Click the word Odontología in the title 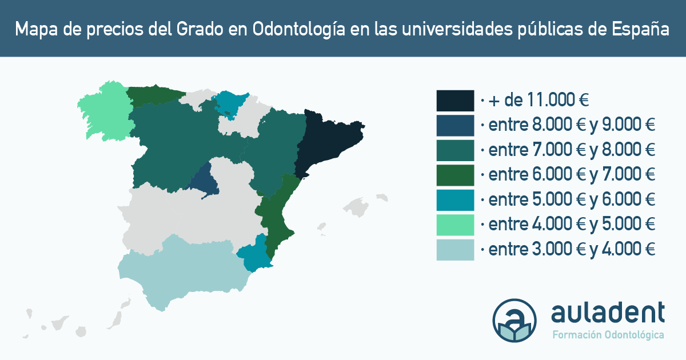[298, 30]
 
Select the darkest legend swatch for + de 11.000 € [455, 101]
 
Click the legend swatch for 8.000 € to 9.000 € [455, 126]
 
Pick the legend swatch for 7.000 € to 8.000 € [455, 150]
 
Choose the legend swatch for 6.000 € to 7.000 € [455, 175]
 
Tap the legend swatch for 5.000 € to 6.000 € [455, 200]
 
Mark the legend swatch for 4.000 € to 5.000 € [455, 225]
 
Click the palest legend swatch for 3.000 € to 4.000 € [455, 250]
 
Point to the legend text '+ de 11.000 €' [538, 100]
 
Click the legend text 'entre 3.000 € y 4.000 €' [572, 249]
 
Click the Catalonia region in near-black [328, 141]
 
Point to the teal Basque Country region [230, 102]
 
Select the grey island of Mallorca [357, 207]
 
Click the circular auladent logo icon [514, 320]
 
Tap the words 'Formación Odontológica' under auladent [608, 335]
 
